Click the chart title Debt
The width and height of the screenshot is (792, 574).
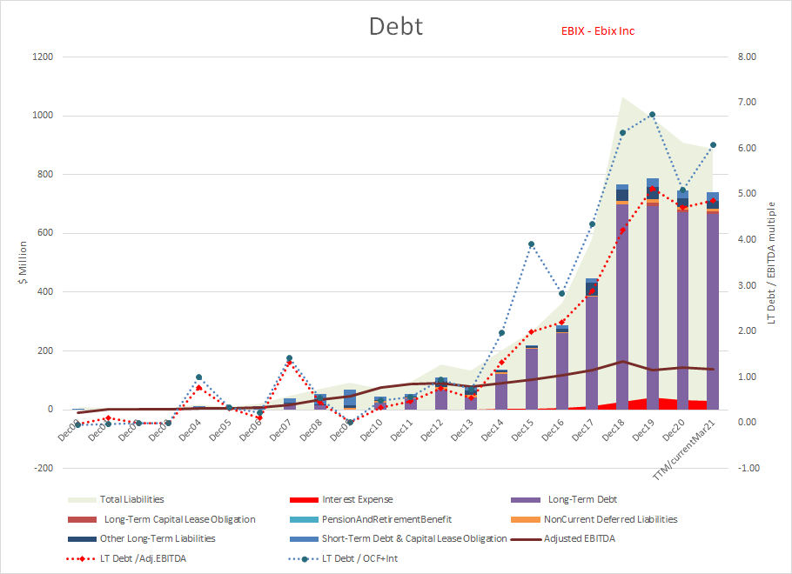[x=396, y=25]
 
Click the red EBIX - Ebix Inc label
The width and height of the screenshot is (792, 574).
[x=597, y=31]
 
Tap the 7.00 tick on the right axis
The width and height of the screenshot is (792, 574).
[x=747, y=103]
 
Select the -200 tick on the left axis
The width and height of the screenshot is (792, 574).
[x=42, y=468]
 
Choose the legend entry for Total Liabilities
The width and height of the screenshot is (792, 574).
[x=131, y=500]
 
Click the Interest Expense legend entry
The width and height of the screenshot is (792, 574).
[x=357, y=500]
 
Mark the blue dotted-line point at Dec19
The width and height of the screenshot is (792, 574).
[x=652, y=115]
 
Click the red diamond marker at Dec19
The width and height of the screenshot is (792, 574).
[x=652, y=189]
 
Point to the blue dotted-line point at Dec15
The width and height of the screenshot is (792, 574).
[x=531, y=244]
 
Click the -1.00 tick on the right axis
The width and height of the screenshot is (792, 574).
[x=747, y=468]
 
